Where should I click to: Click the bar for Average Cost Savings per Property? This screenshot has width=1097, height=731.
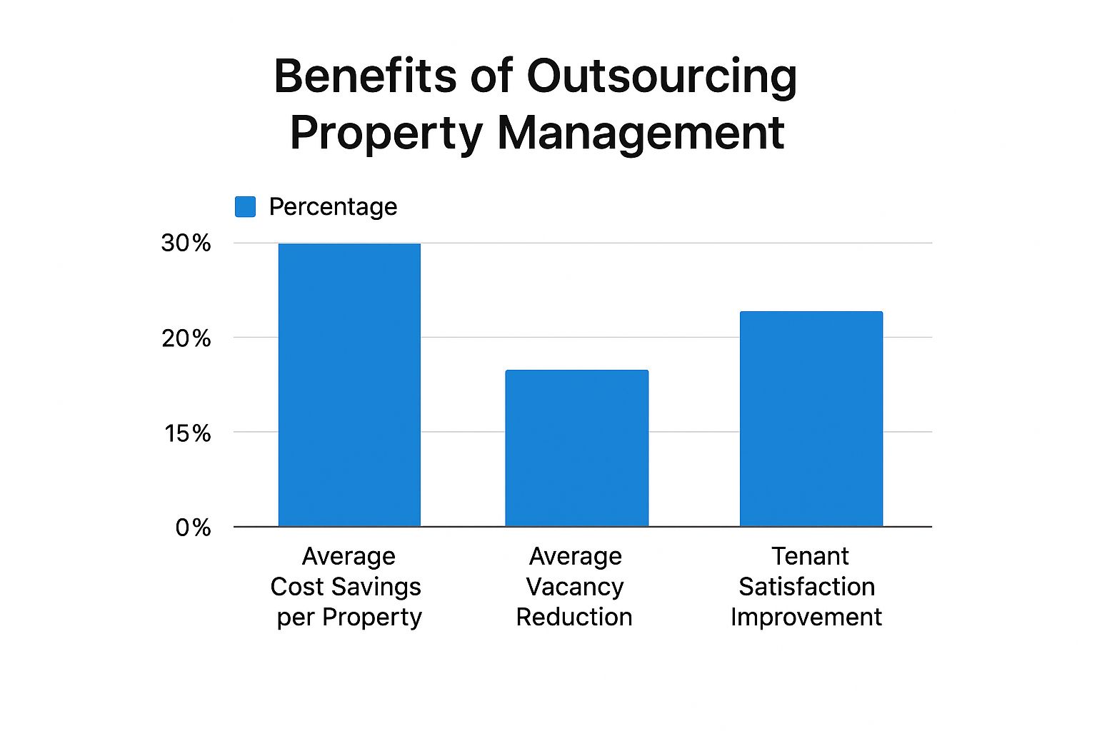coord(349,385)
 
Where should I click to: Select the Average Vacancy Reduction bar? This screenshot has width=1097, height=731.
coord(576,448)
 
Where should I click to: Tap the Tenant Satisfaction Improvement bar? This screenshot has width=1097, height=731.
coord(811,419)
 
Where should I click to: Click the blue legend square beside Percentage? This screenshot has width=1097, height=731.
coord(245,207)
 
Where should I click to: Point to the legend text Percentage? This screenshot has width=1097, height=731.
coord(333,207)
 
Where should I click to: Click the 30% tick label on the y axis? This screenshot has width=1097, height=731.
coord(186,243)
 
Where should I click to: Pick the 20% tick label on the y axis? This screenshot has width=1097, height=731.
coord(186,338)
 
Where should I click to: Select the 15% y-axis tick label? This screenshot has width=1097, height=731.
coord(188,433)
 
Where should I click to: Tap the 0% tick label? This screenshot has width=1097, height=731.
coord(193,528)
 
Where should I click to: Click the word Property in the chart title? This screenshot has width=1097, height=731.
coord(386,133)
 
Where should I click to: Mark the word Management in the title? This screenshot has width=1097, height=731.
coord(641,133)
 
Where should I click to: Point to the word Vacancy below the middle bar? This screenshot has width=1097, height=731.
coord(575,587)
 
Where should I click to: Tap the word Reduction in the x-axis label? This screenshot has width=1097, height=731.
coord(574,617)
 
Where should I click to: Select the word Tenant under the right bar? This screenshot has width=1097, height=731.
coord(810,556)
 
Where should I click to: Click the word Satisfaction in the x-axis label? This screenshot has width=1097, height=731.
coord(806,587)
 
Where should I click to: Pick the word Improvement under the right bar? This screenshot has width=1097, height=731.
coord(806,617)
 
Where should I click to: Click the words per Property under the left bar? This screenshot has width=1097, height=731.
coord(349,617)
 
